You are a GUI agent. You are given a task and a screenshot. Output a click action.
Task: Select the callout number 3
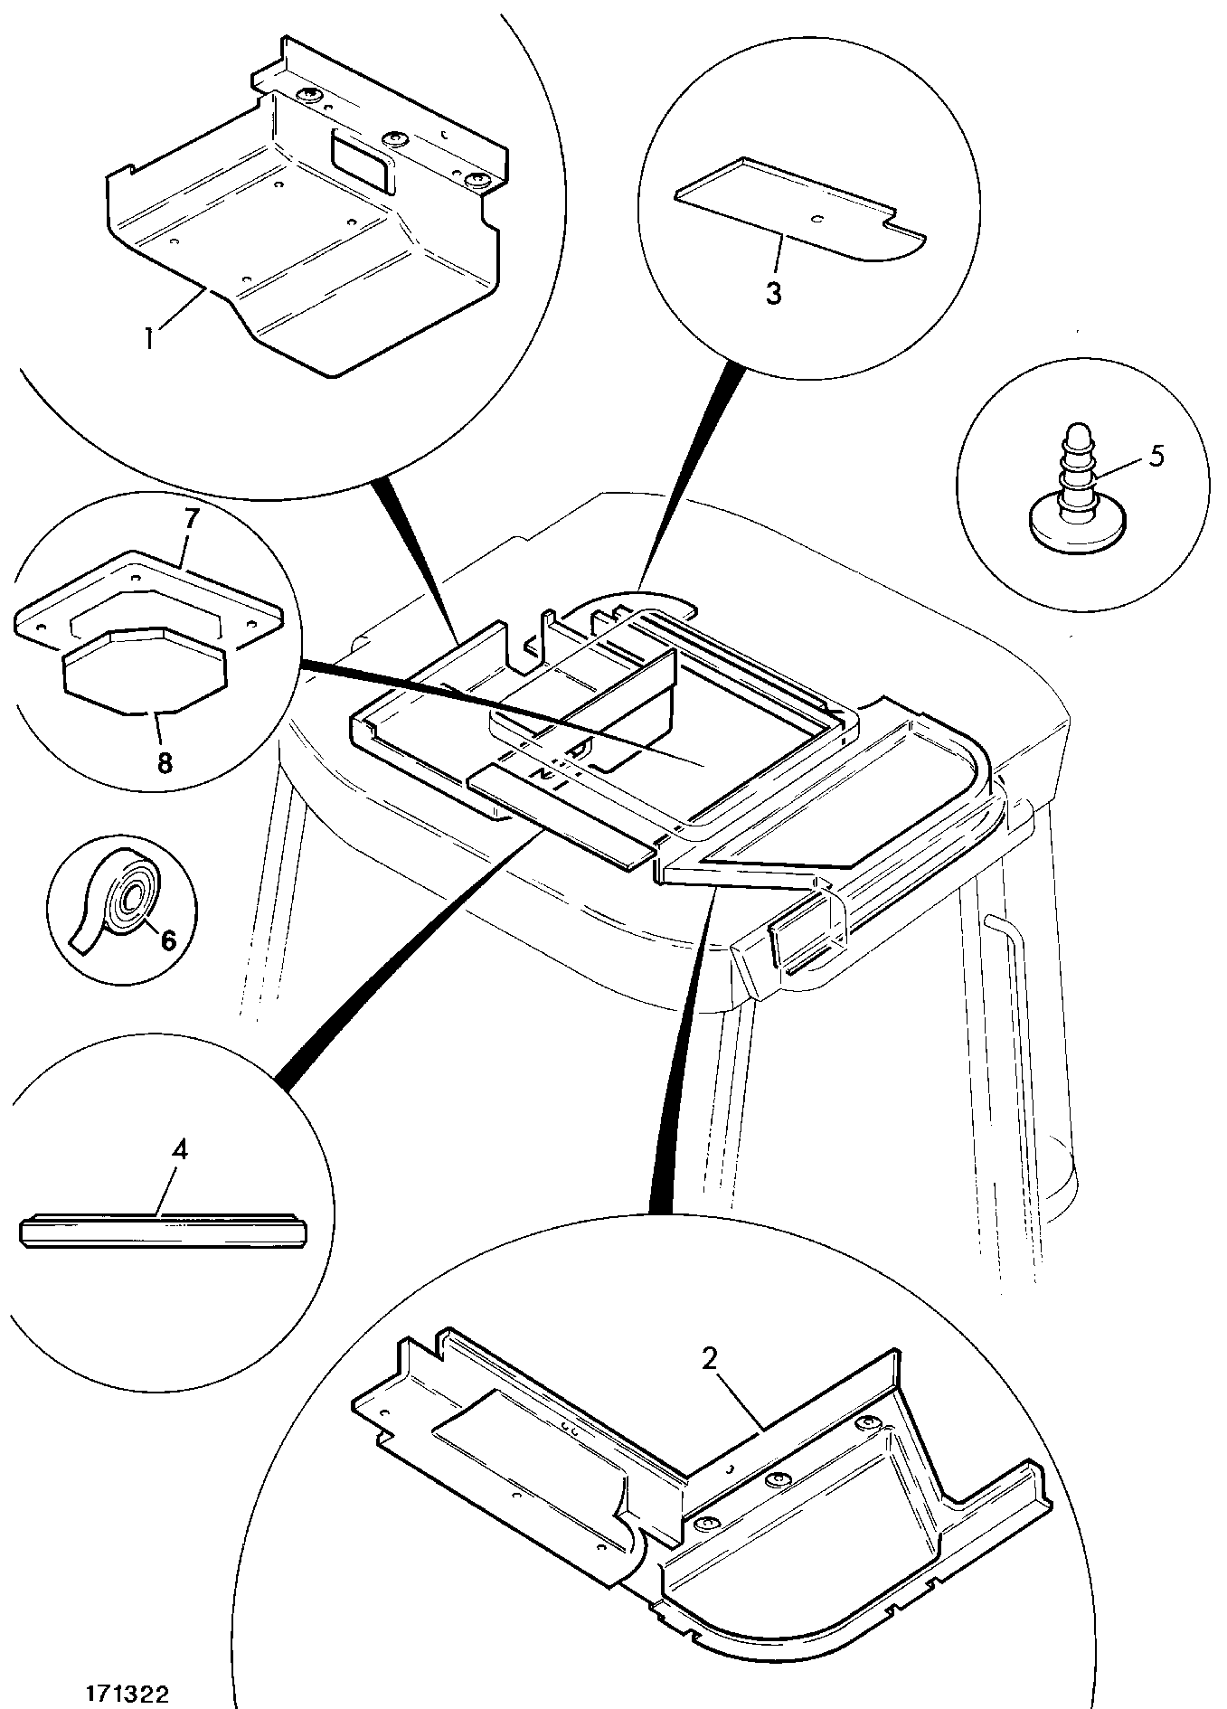click(773, 294)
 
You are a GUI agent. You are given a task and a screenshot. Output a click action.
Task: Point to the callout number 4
click(180, 1150)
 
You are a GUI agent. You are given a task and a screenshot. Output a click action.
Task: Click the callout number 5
click(1156, 455)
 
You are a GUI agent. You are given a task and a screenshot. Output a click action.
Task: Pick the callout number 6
click(168, 939)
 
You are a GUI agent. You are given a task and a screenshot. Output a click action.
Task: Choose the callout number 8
click(164, 763)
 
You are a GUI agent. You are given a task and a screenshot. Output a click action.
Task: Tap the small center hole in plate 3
click(816, 217)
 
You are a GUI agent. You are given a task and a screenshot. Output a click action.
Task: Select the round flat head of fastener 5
click(1076, 527)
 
